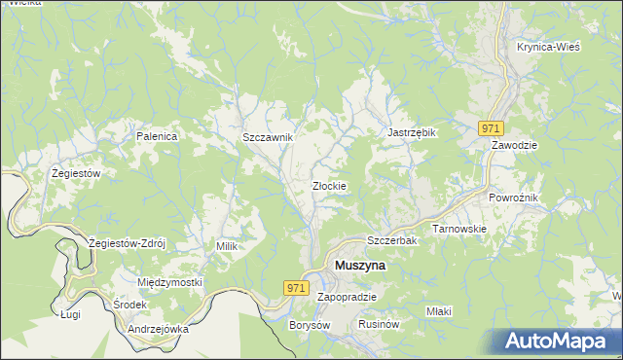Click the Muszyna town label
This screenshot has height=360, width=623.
point(360,265)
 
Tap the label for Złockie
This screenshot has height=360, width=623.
point(330,186)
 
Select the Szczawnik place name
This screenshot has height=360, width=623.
point(268,138)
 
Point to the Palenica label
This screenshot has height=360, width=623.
point(157,137)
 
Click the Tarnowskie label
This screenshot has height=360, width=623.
point(459,229)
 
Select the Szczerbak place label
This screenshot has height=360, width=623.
point(391,240)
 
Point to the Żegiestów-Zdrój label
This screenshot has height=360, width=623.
point(128,242)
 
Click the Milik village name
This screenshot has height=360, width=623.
point(227,247)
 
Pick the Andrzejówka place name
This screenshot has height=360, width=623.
point(158,329)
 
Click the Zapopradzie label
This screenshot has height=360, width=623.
point(347,297)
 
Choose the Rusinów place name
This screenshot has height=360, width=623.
point(381,324)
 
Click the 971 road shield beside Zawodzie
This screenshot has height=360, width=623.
point(491,128)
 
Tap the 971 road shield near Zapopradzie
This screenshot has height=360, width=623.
point(298,289)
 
